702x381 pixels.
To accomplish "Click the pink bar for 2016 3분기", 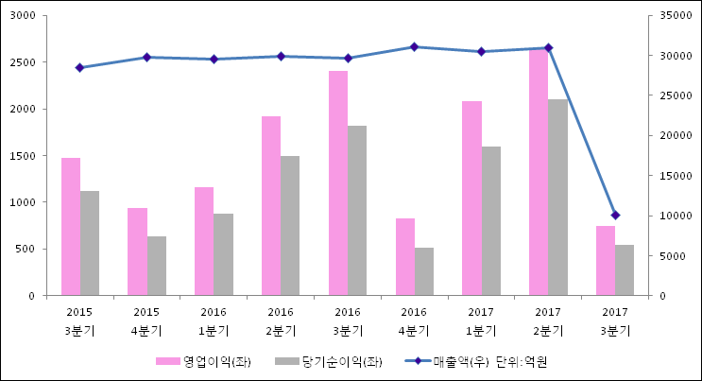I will tap(338, 182).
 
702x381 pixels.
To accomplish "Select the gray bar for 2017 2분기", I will tap(558, 197).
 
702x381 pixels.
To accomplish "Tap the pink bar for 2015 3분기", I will tap(71, 226).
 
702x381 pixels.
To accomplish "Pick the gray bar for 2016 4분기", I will tap(424, 271).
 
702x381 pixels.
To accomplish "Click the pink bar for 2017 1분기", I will tap(471, 198).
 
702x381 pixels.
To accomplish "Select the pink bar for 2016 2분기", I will tap(271, 205).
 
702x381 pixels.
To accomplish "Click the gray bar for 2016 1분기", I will tap(223, 254).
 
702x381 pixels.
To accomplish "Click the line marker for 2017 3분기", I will tap(615, 216).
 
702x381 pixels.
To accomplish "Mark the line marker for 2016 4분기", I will tap(415, 47).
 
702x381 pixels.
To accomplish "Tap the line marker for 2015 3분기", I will tap(80, 68).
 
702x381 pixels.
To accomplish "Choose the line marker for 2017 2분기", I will tap(549, 48).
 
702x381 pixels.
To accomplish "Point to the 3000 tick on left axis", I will tap(22, 16).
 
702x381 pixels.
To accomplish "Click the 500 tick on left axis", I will tap(26, 249).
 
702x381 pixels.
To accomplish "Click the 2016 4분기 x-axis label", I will tap(415, 320).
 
